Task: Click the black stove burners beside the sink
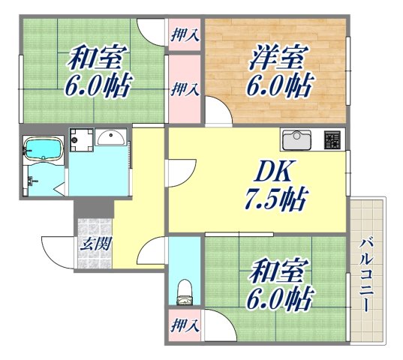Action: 332,139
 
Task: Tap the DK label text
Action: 256,173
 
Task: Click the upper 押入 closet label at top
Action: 184,34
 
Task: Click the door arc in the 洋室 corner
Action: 218,114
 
